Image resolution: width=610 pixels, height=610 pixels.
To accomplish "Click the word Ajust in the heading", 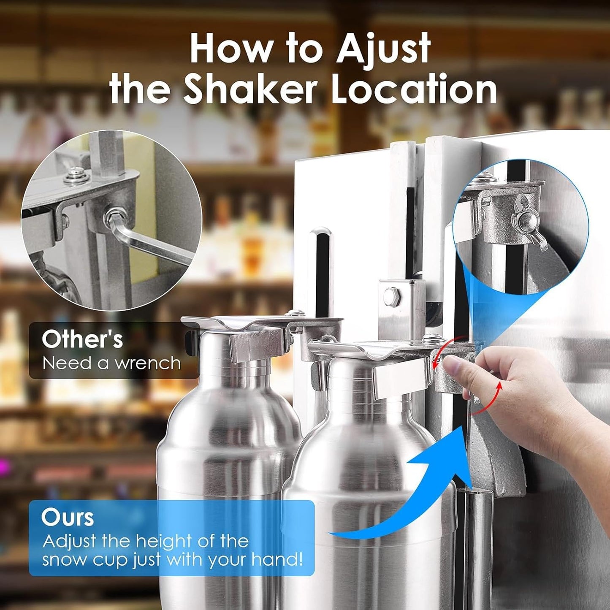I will [383, 50].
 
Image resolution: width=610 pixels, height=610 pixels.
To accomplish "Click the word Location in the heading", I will [414, 89].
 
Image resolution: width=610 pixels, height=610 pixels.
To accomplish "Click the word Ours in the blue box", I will [68, 517].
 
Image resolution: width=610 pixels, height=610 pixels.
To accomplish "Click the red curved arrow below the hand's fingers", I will [490, 401].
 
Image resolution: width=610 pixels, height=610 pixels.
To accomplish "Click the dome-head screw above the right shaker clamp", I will [429, 338].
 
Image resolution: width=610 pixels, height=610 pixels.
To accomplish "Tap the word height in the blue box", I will [163, 541].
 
